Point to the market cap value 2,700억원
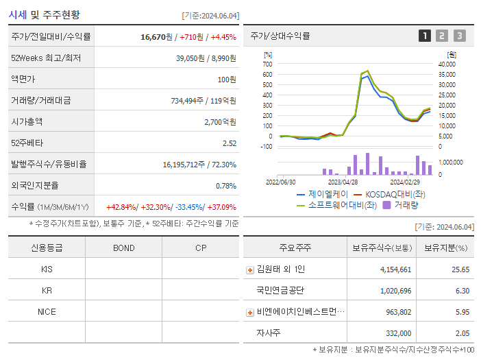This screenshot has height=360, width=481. point(220,121)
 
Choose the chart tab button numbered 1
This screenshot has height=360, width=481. point(425,36)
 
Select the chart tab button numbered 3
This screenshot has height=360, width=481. point(459,36)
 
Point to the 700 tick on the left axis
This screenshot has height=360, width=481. point(267,64)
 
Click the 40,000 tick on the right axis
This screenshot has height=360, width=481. point(446,64)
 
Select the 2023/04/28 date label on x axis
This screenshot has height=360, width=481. point(343,182)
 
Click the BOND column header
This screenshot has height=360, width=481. point(123,248)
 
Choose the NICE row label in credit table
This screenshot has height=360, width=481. point(47,311)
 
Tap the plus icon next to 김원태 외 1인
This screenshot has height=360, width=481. point(250,269)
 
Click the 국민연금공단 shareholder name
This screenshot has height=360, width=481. point(280,291)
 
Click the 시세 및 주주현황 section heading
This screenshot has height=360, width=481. point(45,14)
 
